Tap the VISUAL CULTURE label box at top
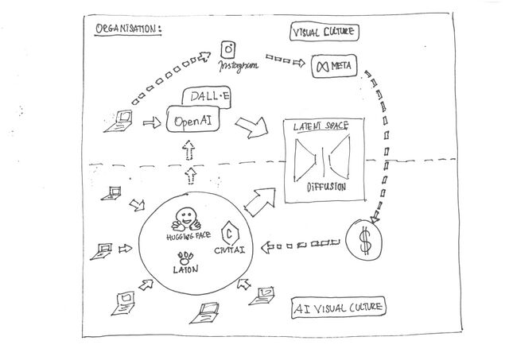click(x=324, y=33)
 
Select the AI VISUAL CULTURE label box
click(x=339, y=307)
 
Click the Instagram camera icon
click(x=227, y=49)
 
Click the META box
click(x=335, y=64)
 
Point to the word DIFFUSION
click(x=325, y=188)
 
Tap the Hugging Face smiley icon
click(x=187, y=218)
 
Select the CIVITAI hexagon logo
click(x=229, y=233)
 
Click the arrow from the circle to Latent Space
click(x=259, y=203)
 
